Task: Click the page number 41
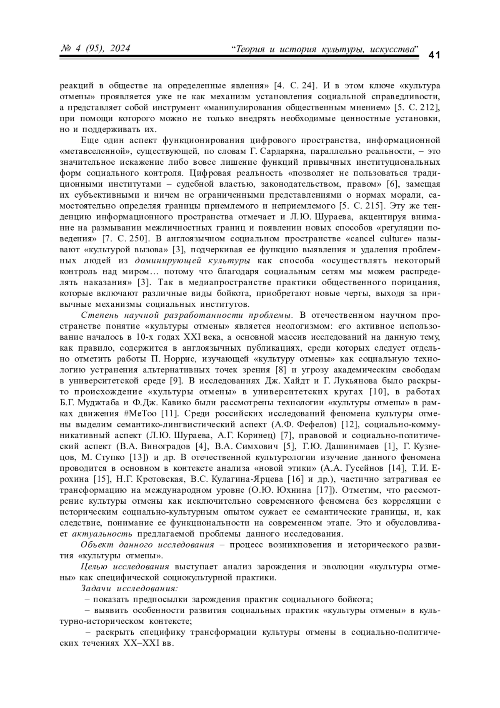(434, 55)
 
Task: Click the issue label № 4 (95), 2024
(95, 49)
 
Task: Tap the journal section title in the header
(325, 49)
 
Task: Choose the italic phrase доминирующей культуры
(192, 261)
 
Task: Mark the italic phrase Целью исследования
(125, 567)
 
